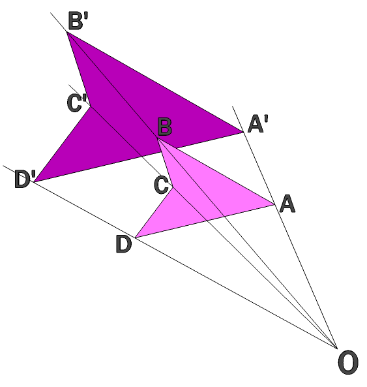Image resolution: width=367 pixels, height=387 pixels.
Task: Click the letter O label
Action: (x=348, y=362)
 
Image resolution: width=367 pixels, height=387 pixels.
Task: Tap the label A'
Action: (x=257, y=124)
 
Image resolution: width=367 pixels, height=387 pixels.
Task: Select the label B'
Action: (x=78, y=21)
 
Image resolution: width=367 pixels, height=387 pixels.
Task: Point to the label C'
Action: (x=77, y=103)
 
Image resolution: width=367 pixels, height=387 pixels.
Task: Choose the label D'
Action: (x=25, y=179)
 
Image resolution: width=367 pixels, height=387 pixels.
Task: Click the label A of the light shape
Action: (x=287, y=204)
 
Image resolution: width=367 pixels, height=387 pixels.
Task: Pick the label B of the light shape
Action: (x=165, y=127)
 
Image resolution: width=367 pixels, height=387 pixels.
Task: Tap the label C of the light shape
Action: (x=161, y=185)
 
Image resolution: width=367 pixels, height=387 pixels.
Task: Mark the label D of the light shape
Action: (x=124, y=244)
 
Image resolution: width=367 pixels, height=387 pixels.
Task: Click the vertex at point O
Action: (x=337, y=348)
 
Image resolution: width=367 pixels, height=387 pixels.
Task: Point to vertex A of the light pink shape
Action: (x=274, y=204)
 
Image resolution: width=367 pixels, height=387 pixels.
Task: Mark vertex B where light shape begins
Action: (x=158, y=138)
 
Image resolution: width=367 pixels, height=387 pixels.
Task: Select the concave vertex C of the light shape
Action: (x=173, y=187)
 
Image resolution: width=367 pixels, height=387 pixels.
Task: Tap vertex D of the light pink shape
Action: (x=135, y=238)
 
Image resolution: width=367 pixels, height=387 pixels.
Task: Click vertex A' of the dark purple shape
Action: (x=244, y=132)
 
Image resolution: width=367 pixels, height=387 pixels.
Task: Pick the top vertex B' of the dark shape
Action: (x=67, y=32)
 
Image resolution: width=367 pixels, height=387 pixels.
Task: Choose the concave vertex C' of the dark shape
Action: (x=91, y=106)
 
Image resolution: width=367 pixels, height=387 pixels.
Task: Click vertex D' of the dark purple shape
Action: (x=34, y=182)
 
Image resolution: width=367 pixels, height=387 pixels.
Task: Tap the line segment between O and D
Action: (x=236, y=293)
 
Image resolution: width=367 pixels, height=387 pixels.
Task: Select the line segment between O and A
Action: (x=306, y=277)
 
